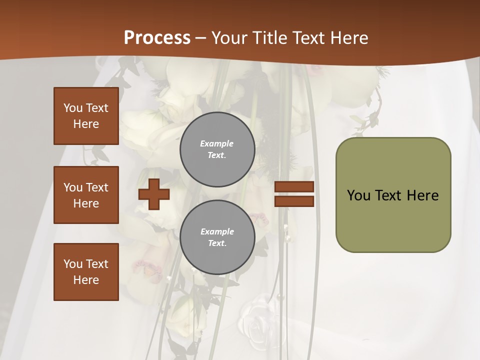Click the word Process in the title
point(157,38)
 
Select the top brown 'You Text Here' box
point(86,116)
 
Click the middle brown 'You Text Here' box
point(86,195)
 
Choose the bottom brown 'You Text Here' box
point(86,272)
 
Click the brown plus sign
point(154,194)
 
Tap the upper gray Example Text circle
point(217,149)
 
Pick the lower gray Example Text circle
point(217,237)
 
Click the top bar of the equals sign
point(294,187)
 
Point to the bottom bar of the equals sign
point(294,201)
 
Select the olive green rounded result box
point(393,220)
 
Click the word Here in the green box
point(422,195)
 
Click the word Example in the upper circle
point(216,143)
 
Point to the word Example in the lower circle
point(217,231)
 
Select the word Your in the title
point(228,38)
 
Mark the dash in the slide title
point(200,38)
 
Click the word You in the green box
point(358,195)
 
